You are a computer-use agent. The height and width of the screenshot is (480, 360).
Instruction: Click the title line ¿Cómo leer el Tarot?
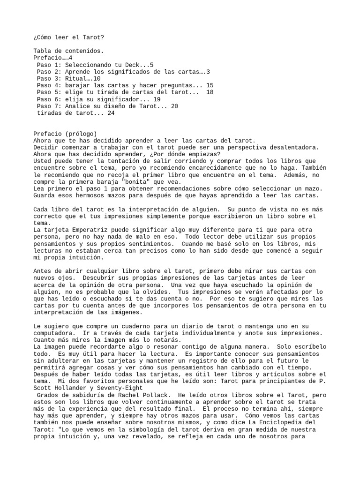(65, 37)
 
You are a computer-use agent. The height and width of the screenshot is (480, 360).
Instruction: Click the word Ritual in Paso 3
(76, 78)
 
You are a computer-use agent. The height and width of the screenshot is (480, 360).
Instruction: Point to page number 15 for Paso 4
(210, 85)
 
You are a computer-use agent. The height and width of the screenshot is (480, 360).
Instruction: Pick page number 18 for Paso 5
(210, 92)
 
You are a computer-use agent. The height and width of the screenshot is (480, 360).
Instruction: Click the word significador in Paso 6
(117, 99)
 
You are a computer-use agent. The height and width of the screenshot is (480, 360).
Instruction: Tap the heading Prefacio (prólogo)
(65, 134)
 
